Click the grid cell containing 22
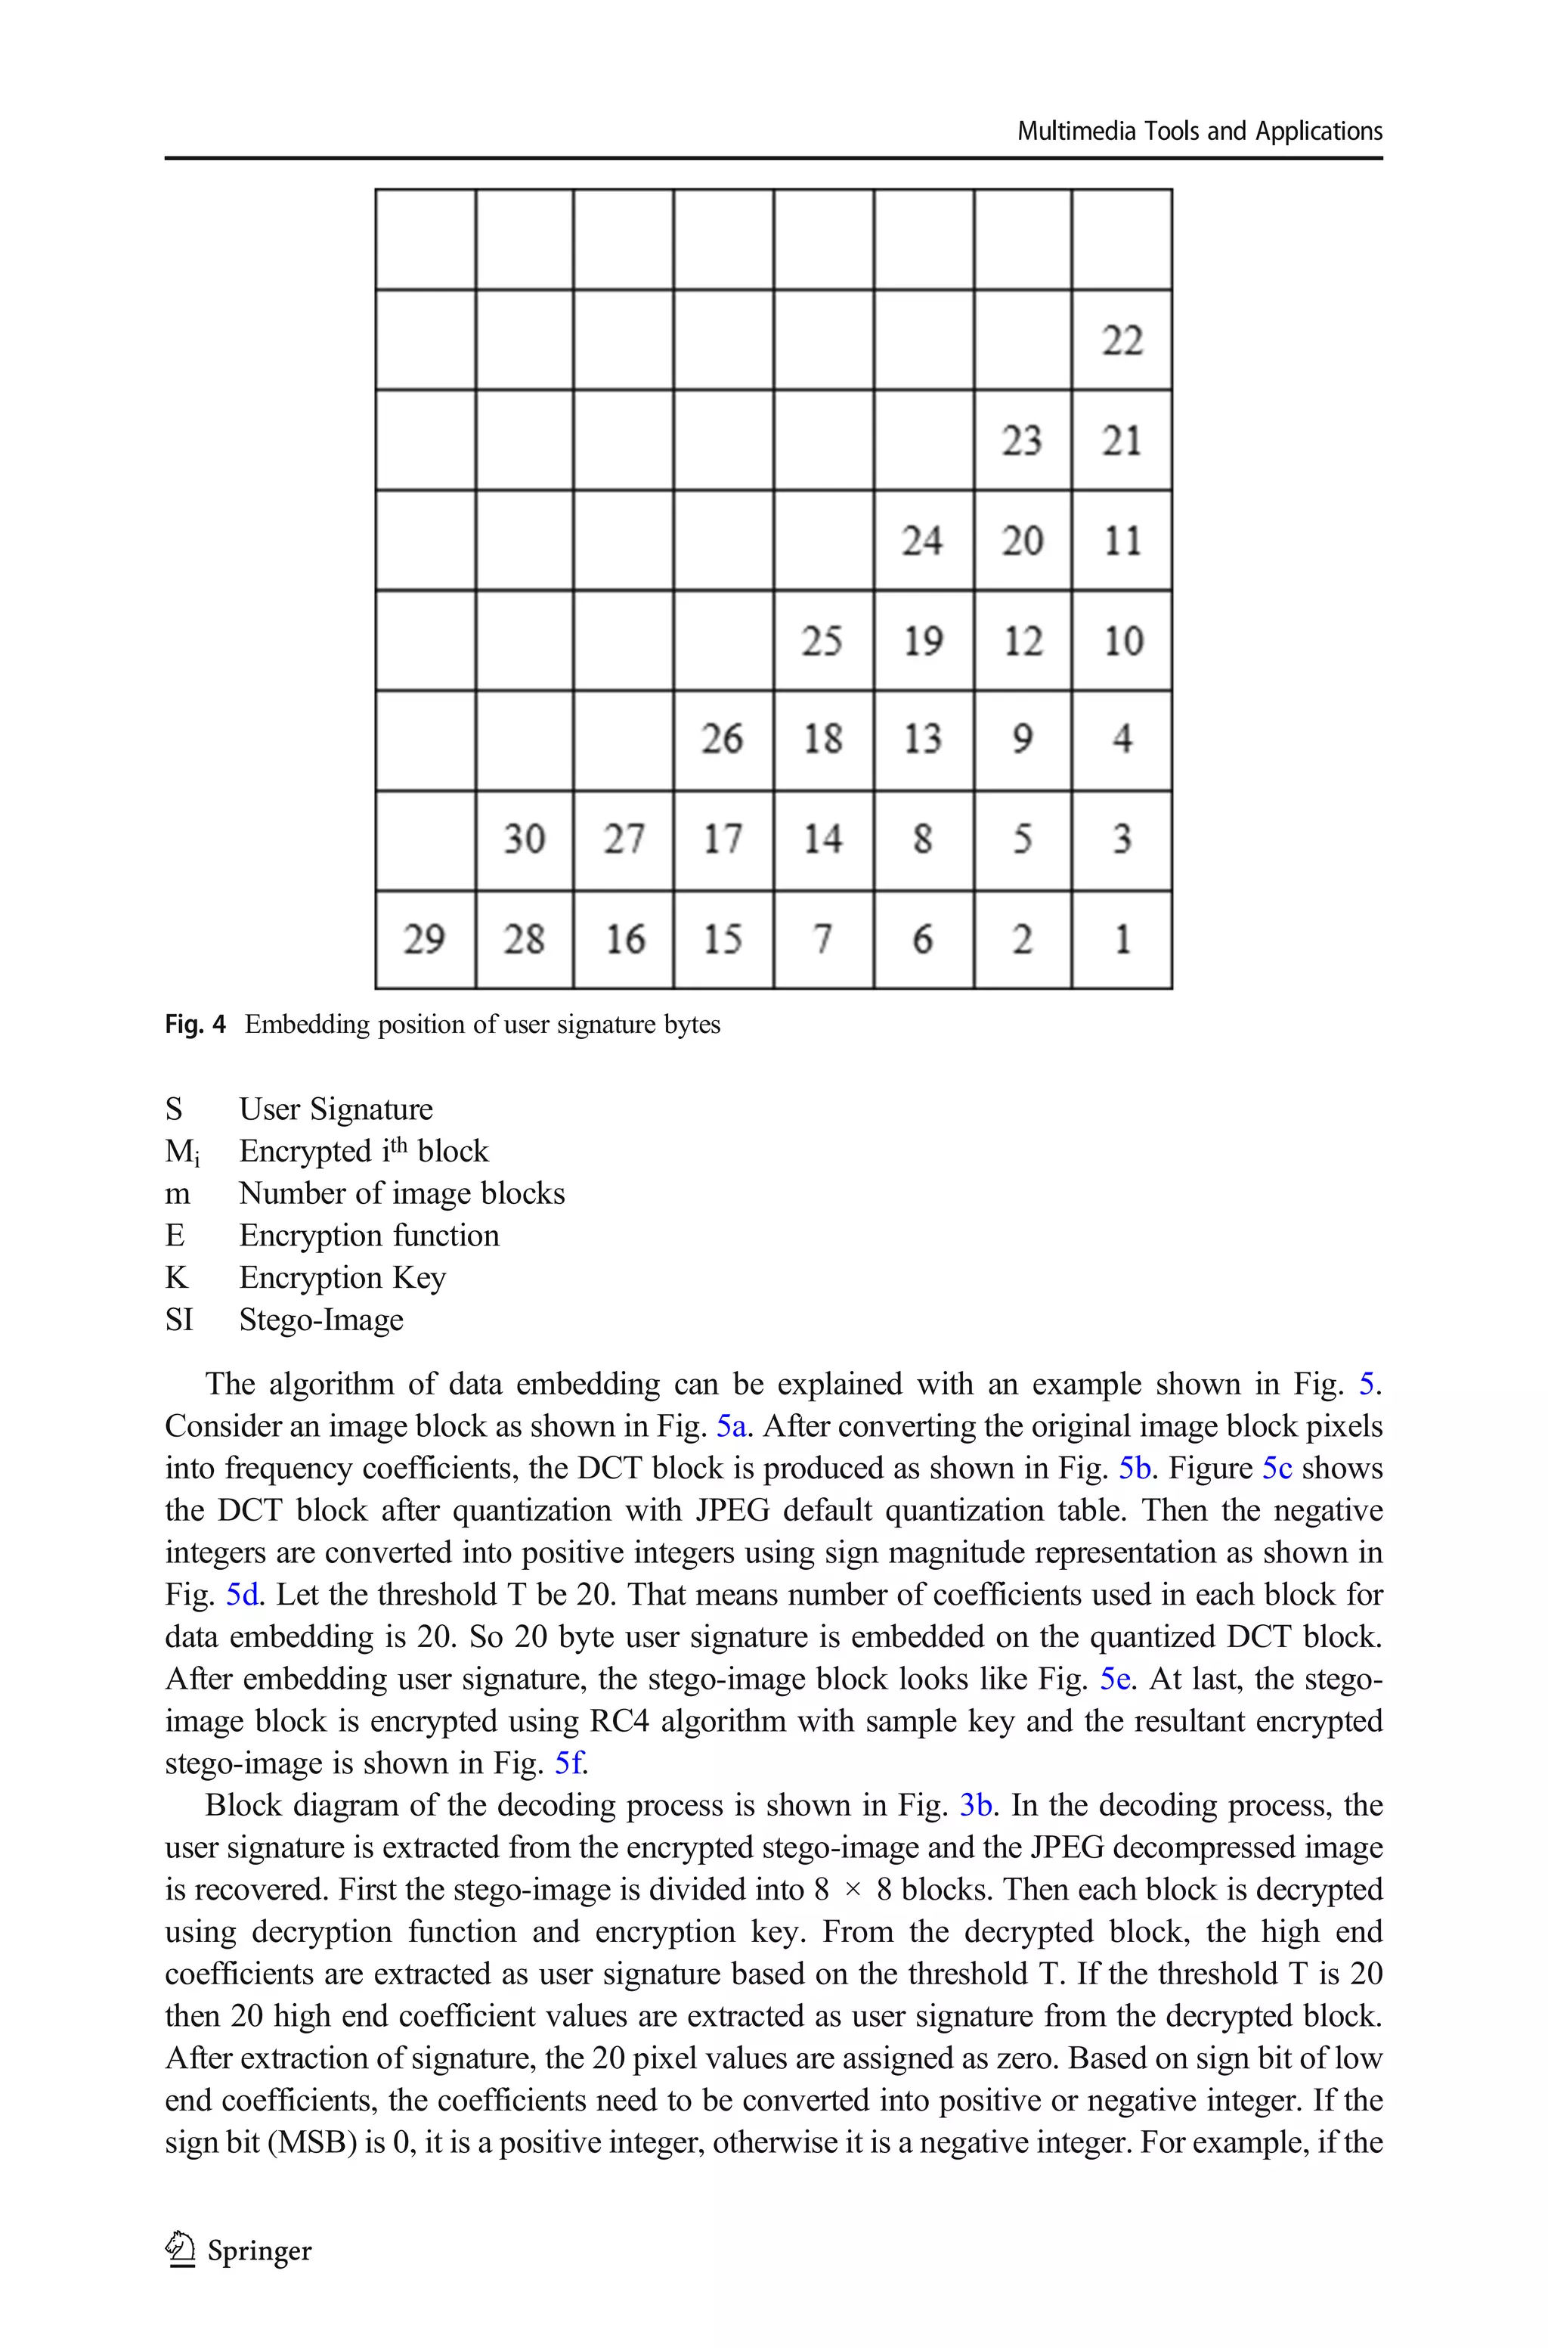(1122, 340)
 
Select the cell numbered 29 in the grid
(426, 939)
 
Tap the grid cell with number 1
(1122, 939)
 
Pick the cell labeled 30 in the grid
(525, 839)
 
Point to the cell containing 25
(822, 640)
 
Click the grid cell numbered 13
(923, 740)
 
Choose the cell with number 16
(624, 939)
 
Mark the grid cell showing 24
(923, 540)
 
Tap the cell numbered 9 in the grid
(1023, 740)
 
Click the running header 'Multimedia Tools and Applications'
(1200, 132)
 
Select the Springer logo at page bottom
(239, 2250)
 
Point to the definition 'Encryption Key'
(342, 1278)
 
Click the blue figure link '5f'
(570, 1763)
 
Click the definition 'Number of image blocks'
(402, 1194)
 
